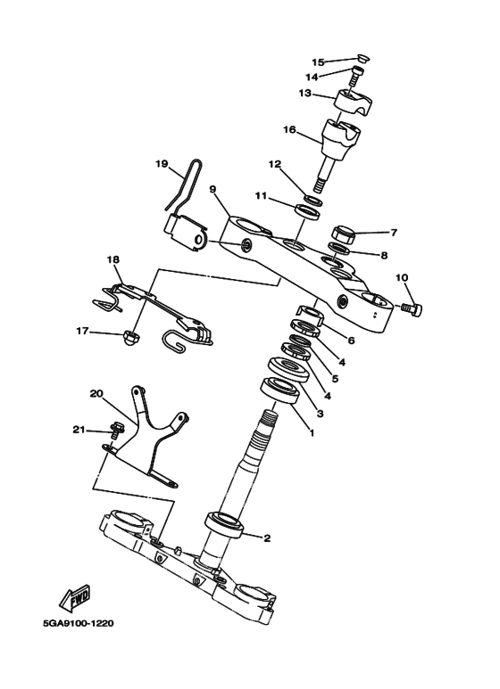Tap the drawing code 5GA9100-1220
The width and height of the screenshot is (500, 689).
[79, 623]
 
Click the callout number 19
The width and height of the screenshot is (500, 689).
[162, 164]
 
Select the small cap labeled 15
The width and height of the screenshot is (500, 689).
[363, 58]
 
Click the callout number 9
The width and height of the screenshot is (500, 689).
[213, 189]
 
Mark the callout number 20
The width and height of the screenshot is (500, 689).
[96, 393]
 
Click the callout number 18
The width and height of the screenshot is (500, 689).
[113, 259]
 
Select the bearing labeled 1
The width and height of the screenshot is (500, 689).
[280, 390]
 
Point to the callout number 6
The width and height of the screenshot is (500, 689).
[351, 340]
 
